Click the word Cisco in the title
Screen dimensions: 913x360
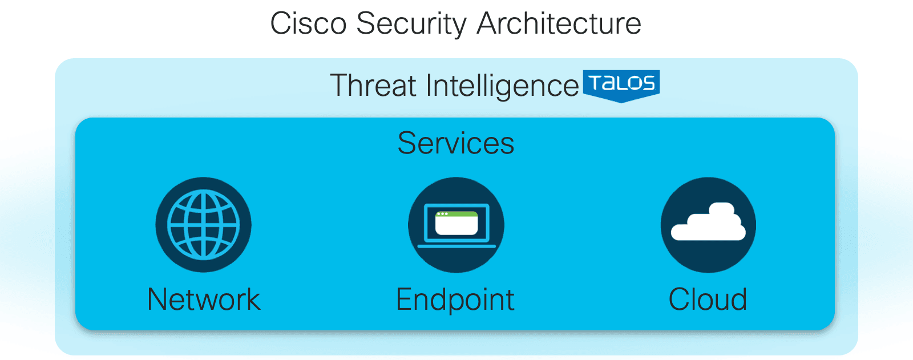(x=308, y=23)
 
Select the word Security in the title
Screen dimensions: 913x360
(x=411, y=25)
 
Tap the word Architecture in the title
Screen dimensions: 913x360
(x=559, y=23)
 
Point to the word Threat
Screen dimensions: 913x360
(x=373, y=85)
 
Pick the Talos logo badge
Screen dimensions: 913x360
(x=621, y=86)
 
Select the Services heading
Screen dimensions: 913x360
(x=456, y=143)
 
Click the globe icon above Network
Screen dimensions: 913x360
(x=203, y=225)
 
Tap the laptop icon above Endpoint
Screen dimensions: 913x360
(x=456, y=225)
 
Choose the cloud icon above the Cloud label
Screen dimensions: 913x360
(x=708, y=225)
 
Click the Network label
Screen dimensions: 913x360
(x=203, y=300)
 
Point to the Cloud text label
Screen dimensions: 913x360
(x=708, y=300)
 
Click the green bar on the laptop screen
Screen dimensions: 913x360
(x=457, y=214)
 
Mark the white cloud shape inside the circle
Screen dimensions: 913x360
(x=708, y=222)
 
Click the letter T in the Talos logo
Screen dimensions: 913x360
(x=596, y=83)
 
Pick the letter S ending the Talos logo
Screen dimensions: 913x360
(x=648, y=83)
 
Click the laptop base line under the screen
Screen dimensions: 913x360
(x=457, y=246)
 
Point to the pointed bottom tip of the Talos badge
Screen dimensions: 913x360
(x=621, y=102)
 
